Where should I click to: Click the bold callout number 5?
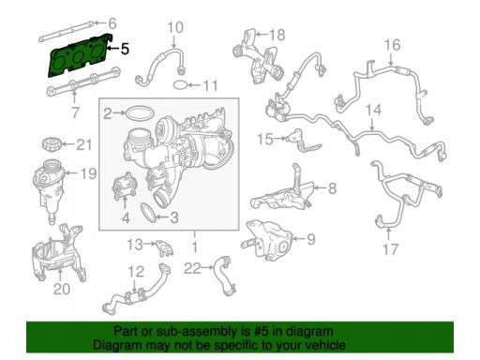coord(125,49)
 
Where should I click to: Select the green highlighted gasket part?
coord(78,56)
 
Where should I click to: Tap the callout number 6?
coord(112,23)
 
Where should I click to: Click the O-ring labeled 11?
coord(180,84)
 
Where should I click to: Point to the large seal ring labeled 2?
coord(140,112)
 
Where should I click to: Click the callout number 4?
coord(126,217)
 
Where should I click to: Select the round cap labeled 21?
coord(51,144)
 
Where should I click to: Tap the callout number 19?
coord(88,173)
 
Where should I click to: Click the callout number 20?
coord(61,289)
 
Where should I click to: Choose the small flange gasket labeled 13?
coord(164,247)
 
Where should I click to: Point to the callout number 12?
coord(136,272)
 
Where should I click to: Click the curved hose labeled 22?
coord(224,275)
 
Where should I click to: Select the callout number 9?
coord(311,239)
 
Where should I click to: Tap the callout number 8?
coord(332,188)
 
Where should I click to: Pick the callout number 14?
coord(374,110)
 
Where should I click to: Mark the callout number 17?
coord(391,249)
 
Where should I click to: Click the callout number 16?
coord(392,45)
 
